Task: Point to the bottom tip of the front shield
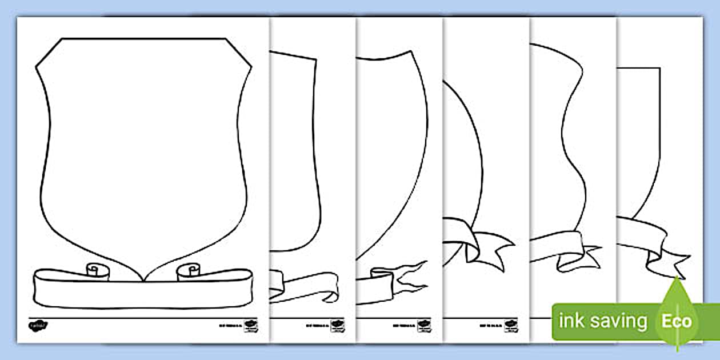point(142,279)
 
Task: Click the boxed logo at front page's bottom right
point(250,325)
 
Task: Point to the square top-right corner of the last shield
point(660,69)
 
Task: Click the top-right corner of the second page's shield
point(315,58)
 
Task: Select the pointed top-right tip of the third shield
point(411,51)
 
